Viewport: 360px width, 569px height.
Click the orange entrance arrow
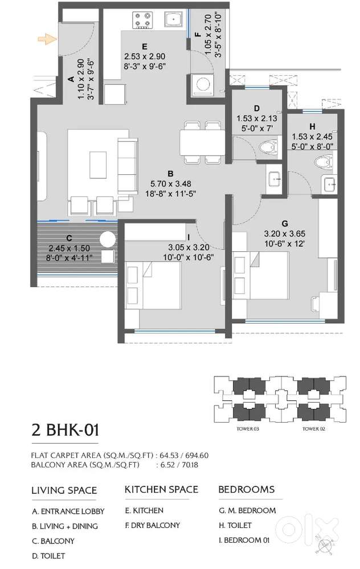point(47,39)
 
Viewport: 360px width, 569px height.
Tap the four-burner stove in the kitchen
point(142,21)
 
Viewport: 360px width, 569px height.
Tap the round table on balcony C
point(108,239)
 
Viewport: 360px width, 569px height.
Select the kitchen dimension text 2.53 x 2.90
point(145,56)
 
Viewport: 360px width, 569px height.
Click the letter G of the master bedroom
point(284,223)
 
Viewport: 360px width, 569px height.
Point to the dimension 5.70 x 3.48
point(170,183)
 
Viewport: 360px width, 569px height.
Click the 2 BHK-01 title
point(65,431)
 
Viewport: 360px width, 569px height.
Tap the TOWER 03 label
point(248,429)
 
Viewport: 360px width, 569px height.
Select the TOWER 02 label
point(313,429)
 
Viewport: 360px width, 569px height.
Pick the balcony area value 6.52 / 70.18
point(179,465)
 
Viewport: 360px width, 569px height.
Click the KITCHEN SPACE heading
point(162,489)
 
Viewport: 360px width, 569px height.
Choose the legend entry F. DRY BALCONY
point(153,525)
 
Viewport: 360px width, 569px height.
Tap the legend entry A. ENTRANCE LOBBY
point(68,511)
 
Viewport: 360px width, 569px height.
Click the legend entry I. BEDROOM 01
point(244,540)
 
